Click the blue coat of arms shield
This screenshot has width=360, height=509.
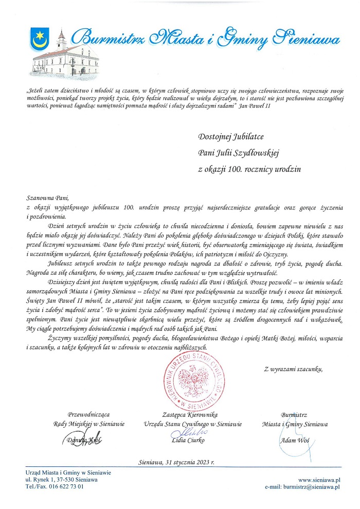point(38,40)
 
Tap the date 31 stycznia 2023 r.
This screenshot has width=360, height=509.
point(176,462)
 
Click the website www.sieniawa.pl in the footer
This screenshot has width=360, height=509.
point(321,480)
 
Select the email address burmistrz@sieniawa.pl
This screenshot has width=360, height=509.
point(314,486)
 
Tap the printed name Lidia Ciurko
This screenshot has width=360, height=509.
point(188,441)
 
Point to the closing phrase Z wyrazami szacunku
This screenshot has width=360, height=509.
point(294,369)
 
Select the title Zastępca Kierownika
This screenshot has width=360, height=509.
point(190,415)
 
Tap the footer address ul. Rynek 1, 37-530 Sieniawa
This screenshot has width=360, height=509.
point(62,480)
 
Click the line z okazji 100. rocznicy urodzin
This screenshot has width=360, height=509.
point(249,168)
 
